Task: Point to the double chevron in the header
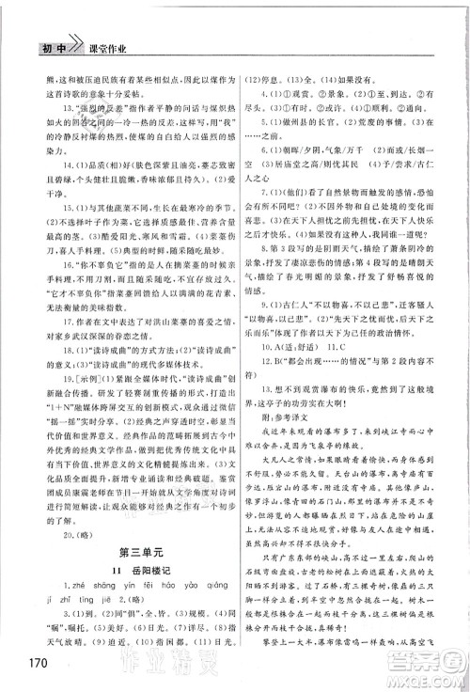[66, 20]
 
